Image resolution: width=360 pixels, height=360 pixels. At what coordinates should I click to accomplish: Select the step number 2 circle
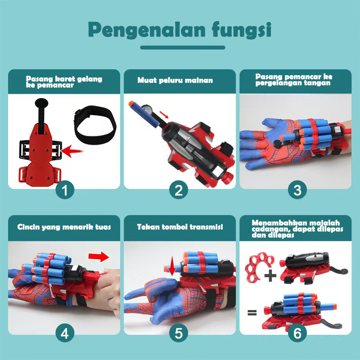[179, 190]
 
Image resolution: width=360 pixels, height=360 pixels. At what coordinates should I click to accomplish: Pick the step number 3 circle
[297, 190]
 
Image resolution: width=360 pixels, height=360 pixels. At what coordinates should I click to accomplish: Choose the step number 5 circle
[179, 334]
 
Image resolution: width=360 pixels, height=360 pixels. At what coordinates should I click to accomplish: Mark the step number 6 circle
[297, 334]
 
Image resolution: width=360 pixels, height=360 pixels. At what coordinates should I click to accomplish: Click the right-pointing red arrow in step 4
[100, 257]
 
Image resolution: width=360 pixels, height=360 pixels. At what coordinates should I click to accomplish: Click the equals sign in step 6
[252, 312]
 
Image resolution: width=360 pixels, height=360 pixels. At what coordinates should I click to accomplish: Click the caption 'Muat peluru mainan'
[175, 81]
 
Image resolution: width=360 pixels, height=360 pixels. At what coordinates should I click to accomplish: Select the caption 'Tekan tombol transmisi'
[180, 227]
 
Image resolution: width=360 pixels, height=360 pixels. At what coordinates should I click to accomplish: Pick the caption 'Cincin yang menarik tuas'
[64, 227]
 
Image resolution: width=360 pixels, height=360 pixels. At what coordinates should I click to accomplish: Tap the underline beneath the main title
[182, 47]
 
